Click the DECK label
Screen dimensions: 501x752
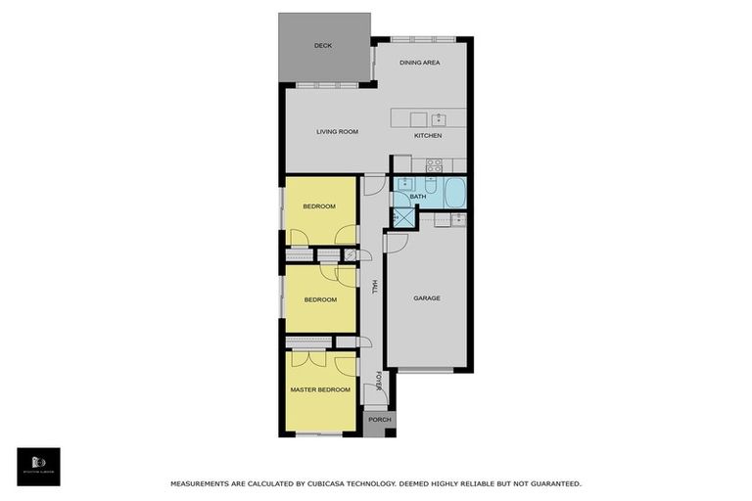coord(323,45)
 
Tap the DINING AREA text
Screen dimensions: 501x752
coord(420,63)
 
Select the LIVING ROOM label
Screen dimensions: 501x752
coord(337,131)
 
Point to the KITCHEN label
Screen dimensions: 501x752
coord(428,135)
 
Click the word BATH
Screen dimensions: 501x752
coord(418,197)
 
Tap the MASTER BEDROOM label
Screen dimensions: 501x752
coord(320,389)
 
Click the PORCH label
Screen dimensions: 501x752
coord(379,420)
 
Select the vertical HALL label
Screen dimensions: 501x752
coord(374,287)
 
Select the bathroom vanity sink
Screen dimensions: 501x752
coord(404,184)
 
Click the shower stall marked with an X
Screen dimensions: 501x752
coord(401,218)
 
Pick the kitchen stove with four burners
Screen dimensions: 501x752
coord(433,164)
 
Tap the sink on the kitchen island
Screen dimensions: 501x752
coord(439,118)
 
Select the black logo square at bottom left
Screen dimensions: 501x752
coord(38,467)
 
